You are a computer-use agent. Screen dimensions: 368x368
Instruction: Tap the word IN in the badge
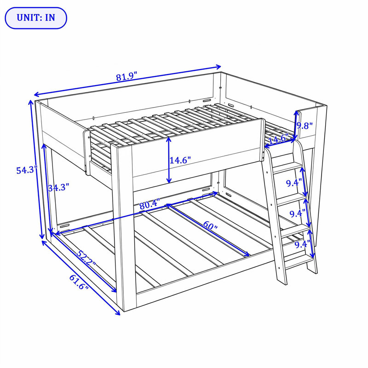coord(50,18)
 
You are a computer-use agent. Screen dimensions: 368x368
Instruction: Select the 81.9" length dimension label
coord(126,76)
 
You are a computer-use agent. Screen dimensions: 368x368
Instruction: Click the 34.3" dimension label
coord(58,188)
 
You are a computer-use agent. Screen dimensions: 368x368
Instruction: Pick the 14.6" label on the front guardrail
coord(180,160)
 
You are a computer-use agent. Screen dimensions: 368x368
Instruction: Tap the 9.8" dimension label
coord(305,126)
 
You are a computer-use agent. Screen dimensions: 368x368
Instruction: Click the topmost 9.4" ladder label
coord(293,183)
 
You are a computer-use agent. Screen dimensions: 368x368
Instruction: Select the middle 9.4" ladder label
coord(297,213)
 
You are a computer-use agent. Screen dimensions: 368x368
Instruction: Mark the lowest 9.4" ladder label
coord(303,245)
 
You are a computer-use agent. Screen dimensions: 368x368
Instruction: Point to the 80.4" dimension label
coord(150,204)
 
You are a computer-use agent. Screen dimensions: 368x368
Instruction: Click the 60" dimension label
coord(210,226)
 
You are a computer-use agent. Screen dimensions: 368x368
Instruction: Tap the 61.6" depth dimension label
coord(79,282)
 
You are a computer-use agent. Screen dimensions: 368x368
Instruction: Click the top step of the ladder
coord(287,167)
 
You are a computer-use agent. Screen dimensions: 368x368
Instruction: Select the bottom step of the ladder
coord(299,262)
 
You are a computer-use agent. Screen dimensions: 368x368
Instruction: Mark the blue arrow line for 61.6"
coord(81,277)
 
